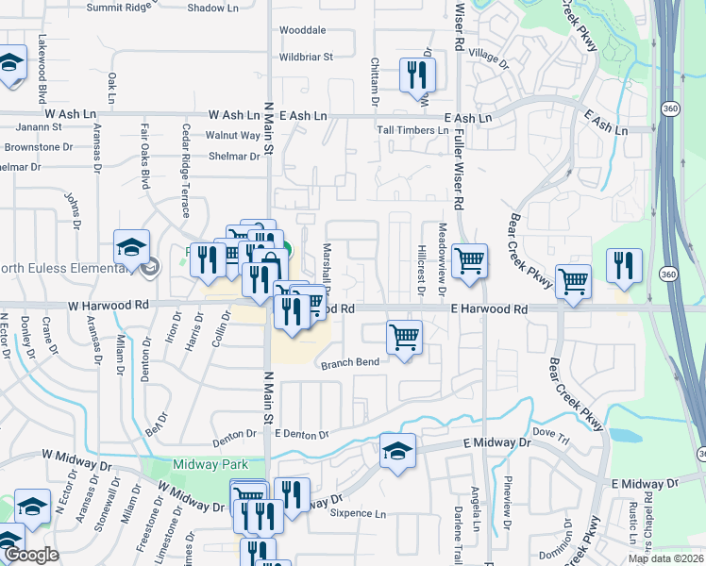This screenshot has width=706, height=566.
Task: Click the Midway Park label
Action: (210, 464)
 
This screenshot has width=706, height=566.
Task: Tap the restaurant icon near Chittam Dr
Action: (416, 75)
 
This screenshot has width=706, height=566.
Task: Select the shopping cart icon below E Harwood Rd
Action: (404, 337)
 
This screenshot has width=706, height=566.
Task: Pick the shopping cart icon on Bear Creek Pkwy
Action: (573, 280)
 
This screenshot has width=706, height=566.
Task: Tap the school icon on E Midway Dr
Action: (397, 451)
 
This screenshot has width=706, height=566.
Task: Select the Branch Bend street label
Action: (349, 363)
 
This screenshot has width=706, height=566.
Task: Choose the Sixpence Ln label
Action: (359, 514)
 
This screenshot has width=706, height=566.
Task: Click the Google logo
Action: (32, 556)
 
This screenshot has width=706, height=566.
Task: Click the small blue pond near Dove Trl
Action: (624, 436)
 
